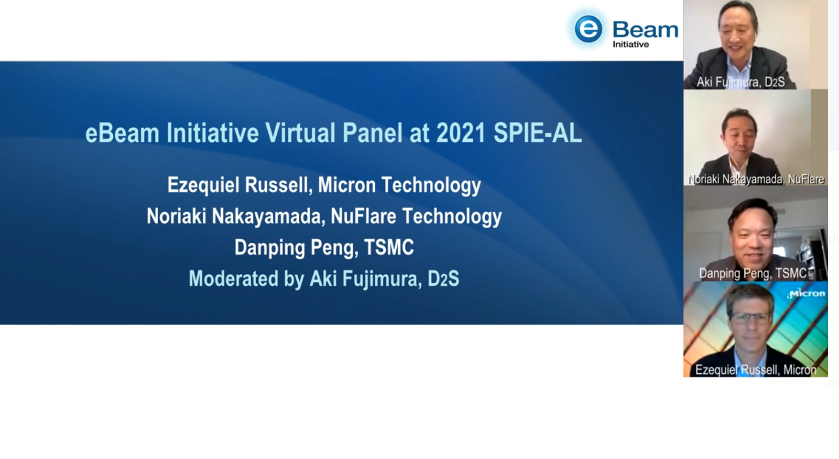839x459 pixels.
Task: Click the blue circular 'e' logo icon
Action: [x=588, y=29]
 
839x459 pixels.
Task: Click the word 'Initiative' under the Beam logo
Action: [x=630, y=44]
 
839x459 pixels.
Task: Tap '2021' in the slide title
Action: [x=461, y=133]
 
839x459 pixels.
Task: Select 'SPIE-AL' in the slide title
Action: [x=537, y=133]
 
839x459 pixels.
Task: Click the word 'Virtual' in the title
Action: [x=300, y=133]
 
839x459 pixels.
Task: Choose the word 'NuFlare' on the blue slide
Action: [x=363, y=216]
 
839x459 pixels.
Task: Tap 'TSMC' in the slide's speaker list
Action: [x=389, y=247]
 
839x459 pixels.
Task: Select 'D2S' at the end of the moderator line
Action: [x=443, y=279]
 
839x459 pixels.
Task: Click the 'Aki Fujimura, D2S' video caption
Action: [x=740, y=82]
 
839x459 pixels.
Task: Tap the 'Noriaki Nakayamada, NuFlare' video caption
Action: [x=756, y=179]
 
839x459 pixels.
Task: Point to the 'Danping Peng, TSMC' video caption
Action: [x=753, y=273]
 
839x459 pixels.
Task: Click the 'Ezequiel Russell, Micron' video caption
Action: [x=756, y=370]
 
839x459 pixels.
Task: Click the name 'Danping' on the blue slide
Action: [x=269, y=248]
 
